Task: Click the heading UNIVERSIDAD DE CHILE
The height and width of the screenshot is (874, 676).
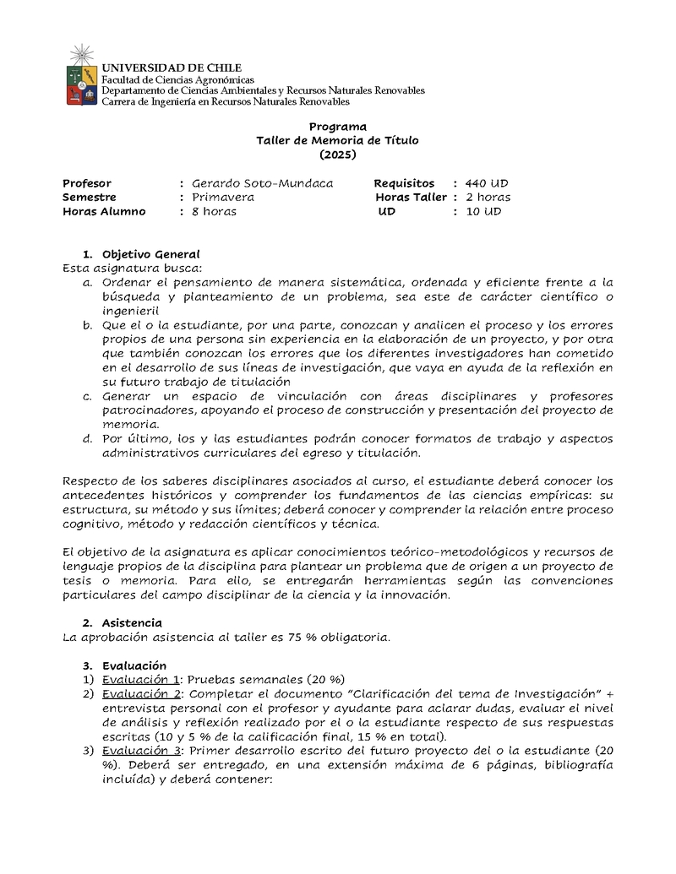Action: (172, 68)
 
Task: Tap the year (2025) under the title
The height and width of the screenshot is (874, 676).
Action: (337, 155)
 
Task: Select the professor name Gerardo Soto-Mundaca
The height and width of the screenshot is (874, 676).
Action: (262, 183)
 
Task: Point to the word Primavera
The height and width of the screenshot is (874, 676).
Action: (223, 197)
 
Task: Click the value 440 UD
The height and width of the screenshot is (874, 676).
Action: (487, 183)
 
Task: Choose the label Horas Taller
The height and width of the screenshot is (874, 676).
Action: (412, 197)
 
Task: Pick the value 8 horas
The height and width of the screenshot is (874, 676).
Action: (215, 211)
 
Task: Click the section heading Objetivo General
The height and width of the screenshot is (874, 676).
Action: (150, 253)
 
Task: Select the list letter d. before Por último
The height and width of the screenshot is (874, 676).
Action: (87, 438)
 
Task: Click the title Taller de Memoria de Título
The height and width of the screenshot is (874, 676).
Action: (337, 141)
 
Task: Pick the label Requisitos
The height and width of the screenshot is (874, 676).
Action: (404, 183)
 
